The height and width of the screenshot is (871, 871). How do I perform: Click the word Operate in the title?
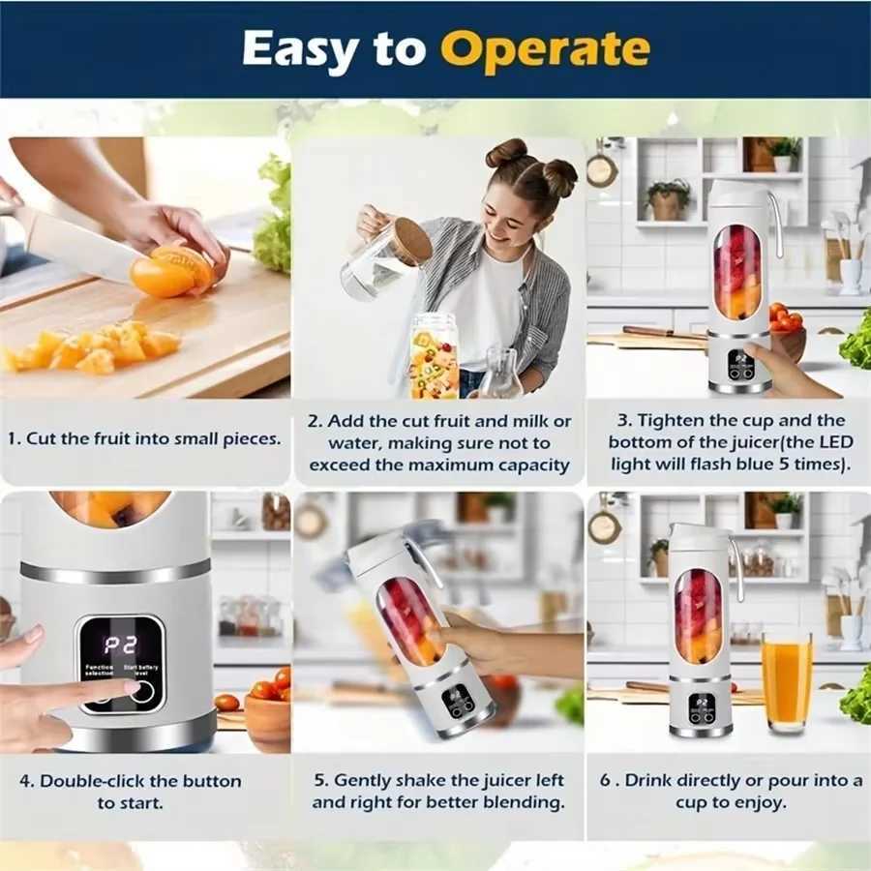551,48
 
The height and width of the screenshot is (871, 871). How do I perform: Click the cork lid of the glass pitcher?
412,241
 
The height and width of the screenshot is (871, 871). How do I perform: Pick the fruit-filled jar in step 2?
434,356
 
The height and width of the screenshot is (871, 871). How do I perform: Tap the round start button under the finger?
143,690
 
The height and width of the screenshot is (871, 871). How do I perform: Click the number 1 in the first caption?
13,438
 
